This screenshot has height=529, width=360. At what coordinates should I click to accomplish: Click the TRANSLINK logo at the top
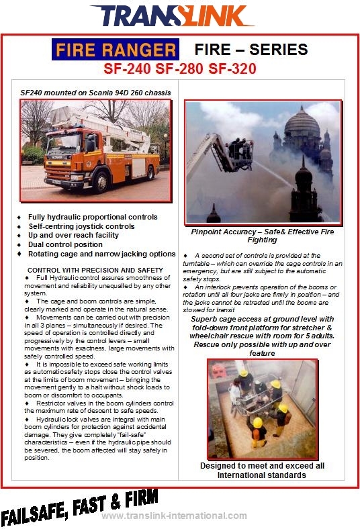[172, 15]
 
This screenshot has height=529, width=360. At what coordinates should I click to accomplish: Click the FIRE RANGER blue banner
[116, 50]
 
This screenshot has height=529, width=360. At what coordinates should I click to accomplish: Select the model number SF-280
[179, 68]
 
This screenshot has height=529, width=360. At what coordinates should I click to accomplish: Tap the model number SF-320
[232, 68]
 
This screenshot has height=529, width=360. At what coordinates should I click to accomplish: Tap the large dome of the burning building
[302, 124]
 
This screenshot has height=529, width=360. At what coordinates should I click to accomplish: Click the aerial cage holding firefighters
[240, 155]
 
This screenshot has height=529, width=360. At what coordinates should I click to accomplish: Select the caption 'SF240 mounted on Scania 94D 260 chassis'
[95, 93]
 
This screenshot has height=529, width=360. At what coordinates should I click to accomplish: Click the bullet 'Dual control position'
[65, 244]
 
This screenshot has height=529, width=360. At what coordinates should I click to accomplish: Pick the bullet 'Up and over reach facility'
[73, 235]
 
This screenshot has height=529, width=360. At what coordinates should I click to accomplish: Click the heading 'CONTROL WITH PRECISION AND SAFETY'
[95, 271]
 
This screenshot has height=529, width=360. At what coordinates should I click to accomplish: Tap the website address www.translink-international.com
[174, 516]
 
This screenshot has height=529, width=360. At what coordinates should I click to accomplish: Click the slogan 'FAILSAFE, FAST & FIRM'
[80, 507]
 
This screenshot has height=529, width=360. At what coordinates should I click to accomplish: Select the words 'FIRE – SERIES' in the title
[251, 50]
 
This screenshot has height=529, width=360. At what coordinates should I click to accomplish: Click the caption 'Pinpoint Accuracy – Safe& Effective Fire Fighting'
[262, 236]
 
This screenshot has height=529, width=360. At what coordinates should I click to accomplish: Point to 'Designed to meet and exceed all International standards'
[262, 471]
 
